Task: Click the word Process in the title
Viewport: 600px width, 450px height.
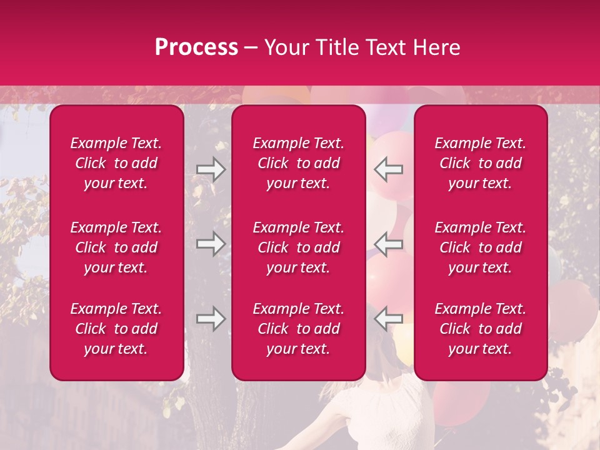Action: (x=196, y=47)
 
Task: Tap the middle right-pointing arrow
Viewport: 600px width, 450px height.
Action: (x=211, y=244)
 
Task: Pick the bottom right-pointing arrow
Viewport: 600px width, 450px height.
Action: (x=211, y=319)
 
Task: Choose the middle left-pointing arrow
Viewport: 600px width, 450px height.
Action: (x=388, y=244)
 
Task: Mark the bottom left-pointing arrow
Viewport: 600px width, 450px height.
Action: (x=388, y=319)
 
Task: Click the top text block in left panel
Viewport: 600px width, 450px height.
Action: (x=116, y=163)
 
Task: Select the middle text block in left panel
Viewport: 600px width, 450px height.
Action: (x=116, y=247)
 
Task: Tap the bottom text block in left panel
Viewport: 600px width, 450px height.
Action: (x=116, y=329)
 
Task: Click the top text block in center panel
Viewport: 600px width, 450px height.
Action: (x=298, y=163)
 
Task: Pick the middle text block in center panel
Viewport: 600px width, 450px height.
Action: (x=298, y=247)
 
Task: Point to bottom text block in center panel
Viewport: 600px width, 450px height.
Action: (x=298, y=329)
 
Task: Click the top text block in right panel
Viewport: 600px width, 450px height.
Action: (x=480, y=163)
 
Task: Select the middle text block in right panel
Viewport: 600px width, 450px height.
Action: (x=480, y=247)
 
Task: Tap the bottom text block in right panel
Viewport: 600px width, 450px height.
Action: (x=480, y=329)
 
